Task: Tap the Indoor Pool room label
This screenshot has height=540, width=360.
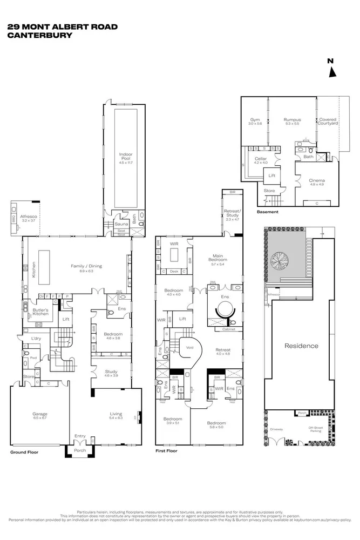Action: pos(126,155)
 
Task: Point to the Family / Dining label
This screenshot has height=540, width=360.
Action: pos(86,266)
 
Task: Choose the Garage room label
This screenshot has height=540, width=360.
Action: pos(40,415)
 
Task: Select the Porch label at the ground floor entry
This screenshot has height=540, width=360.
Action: pos(80,450)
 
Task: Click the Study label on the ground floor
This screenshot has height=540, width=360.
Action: pos(111,372)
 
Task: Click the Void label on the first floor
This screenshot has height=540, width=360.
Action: pos(190,347)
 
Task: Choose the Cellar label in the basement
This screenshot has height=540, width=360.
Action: pos(261,159)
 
